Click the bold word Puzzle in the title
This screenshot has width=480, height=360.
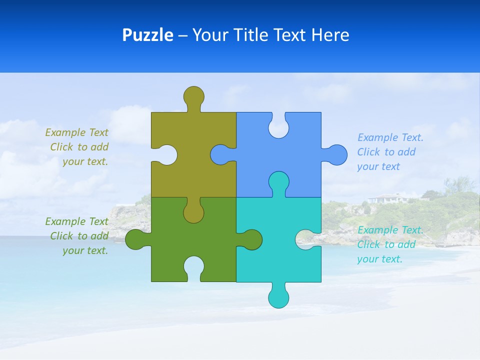click(147, 35)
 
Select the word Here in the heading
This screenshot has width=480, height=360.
click(330, 35)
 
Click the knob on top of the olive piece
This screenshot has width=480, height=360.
click(193, 96)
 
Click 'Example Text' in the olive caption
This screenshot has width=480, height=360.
click(76, 132)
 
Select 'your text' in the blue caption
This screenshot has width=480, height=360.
click(378, 166)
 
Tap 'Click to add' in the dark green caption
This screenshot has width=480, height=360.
click(79, 236)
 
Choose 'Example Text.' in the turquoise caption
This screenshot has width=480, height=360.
click(390, 230)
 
